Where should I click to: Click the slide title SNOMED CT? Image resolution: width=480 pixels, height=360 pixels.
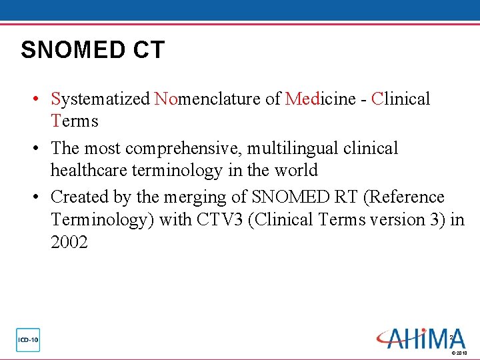[x=93, y=50]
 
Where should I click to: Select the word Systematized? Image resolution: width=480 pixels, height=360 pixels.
[x=100, y=99]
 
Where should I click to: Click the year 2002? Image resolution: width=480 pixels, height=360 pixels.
[x=69, y=243]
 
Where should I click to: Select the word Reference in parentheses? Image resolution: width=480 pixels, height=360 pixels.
[x=405, y=197]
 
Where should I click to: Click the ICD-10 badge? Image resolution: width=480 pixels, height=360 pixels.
[x=28, y=340]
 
